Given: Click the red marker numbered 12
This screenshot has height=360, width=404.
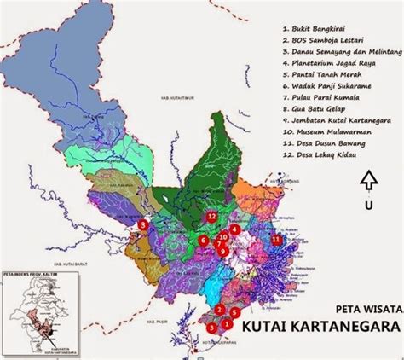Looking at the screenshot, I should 211,218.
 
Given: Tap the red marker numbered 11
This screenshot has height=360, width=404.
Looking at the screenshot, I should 276,240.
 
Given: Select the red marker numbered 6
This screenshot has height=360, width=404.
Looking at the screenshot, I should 204,241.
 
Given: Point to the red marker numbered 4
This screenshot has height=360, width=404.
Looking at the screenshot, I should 234,229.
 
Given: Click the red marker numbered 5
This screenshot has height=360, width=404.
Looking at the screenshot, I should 234,313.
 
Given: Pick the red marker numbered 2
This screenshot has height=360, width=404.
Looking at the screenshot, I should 219,309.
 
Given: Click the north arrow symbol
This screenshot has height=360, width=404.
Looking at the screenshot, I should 367,179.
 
